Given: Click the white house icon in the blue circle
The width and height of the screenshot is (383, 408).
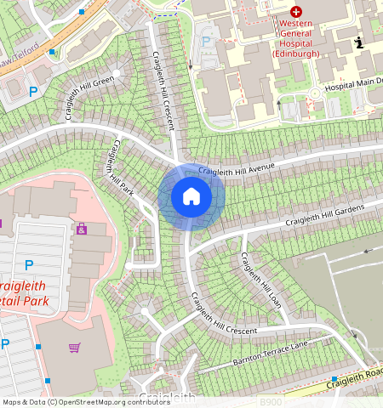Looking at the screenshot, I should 191,197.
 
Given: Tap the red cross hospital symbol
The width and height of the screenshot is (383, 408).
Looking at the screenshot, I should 295,12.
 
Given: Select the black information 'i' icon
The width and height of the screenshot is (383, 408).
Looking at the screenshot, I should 359,42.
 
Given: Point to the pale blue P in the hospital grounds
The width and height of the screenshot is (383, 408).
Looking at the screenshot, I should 204,40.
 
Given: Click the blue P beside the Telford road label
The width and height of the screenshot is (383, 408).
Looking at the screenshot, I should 33,90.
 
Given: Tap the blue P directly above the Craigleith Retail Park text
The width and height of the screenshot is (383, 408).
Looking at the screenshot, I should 28,265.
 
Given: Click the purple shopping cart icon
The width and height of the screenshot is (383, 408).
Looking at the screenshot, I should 74,348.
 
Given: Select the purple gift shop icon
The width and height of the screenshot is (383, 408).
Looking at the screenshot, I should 82,229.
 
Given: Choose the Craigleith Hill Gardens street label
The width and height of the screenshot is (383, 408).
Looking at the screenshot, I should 324,215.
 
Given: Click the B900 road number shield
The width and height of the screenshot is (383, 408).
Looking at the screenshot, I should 271,401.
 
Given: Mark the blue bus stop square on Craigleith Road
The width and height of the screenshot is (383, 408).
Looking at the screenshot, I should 334,379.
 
